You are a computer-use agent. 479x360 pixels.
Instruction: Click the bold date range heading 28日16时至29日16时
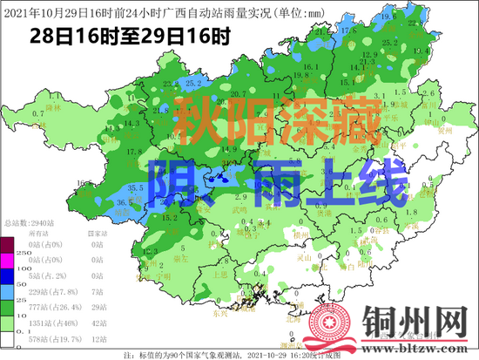[130, 37]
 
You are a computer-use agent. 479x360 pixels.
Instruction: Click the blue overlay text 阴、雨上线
[277, 182]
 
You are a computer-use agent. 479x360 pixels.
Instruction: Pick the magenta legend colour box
[8, 259]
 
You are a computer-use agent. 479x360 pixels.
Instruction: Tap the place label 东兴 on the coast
[198, 311]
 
